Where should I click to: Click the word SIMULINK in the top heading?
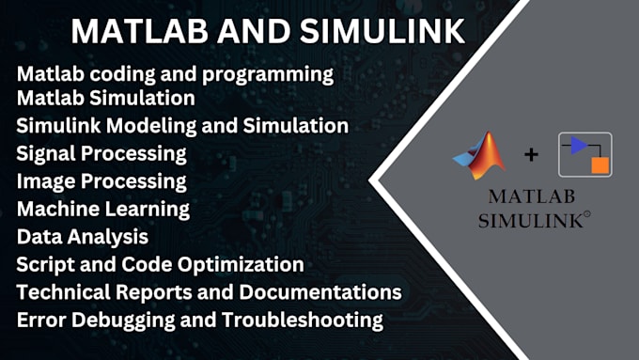[x=378, y=31]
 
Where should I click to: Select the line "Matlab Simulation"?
[x=105, y=97]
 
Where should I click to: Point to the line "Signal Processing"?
[x=101, y=152]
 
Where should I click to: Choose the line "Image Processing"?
[x=101, y=180]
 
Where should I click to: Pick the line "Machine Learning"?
[x=103, y=208]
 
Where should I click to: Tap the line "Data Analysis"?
[x=83, y=236]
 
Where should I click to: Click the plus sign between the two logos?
[x=532, y=154]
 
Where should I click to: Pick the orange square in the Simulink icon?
[x=600, y=166]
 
